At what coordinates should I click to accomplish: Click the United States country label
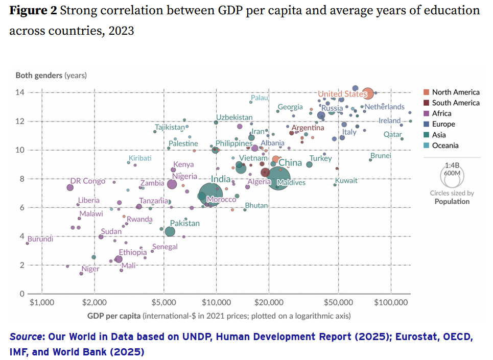(342, 94)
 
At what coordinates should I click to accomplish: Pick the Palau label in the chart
(259, 98)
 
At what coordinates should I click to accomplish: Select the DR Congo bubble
(70, 187)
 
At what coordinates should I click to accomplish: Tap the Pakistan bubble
(170, 231)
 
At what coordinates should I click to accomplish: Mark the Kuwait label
(346, 181)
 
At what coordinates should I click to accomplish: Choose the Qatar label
(393, 134)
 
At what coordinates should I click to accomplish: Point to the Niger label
(90, 269)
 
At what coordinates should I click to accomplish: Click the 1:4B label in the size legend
(452, 165)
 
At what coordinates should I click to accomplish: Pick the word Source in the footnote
(25, 337)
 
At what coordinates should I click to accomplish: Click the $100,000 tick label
(391, 302)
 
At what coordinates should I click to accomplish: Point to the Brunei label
(381, 156)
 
